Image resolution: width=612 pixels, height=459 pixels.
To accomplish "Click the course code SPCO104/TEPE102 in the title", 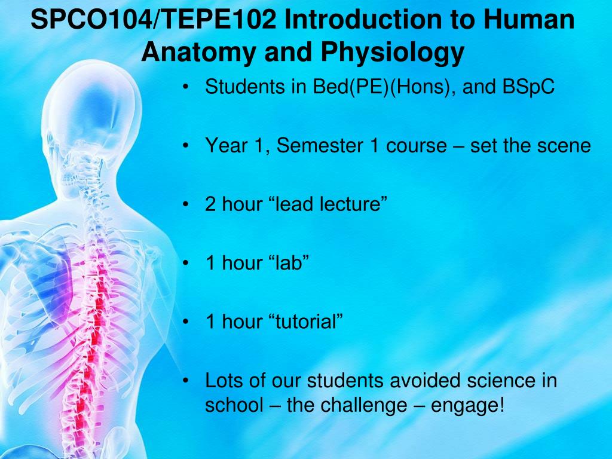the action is click(154, 19).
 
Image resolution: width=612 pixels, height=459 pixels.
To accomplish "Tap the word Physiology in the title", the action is click(393, 53).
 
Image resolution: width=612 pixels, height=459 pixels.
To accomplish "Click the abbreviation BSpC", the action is click(528, 86).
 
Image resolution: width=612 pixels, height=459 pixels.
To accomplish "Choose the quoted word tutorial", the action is click(305, 321).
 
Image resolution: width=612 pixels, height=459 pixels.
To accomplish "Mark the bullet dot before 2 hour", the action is click(186, 205).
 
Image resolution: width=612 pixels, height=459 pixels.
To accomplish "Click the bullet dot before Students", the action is click(186, 87).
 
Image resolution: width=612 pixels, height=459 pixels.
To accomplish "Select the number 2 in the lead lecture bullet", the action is click(210, 204).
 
